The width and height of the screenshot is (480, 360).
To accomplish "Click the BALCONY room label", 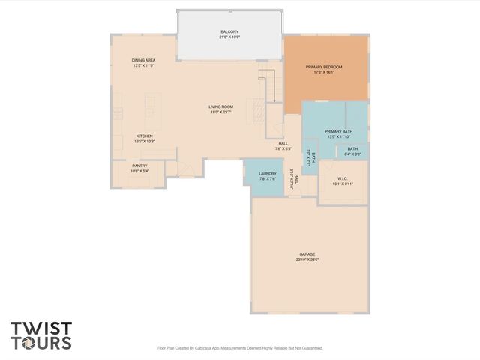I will [x=229, y=31].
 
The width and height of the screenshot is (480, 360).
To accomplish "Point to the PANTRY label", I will [x=139, y=166].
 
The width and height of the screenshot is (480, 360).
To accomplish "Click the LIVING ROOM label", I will [x=221, y=106].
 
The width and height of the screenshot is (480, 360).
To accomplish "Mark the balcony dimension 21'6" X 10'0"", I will [x=229, y=37].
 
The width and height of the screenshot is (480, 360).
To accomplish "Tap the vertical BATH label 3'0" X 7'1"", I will [x=313, y=157].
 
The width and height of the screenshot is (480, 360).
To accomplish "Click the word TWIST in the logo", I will [x=41, y=328].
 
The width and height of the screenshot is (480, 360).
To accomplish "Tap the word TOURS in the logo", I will [x=41, y=343].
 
